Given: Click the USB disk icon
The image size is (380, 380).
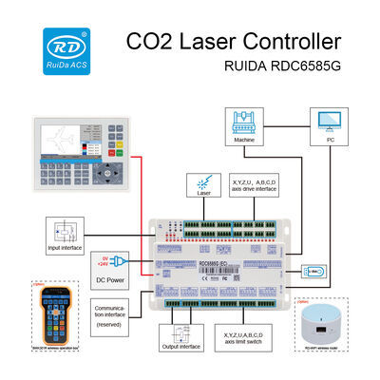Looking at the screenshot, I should tap(316, 272).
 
